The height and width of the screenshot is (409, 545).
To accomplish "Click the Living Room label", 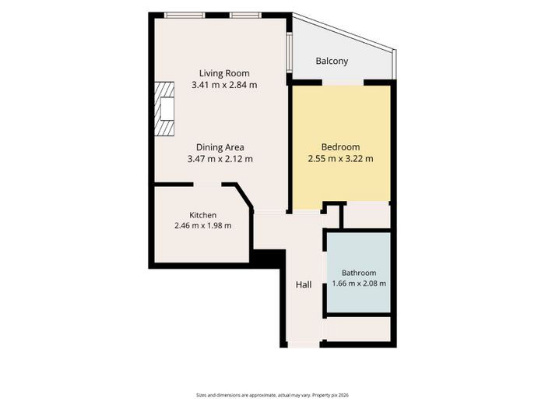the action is tap(224, 73).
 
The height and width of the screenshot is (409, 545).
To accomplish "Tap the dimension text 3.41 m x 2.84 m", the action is tap(224, 85).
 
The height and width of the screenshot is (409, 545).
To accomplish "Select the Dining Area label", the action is tap(220, 147).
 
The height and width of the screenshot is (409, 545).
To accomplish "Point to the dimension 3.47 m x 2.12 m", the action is tap(220, 159).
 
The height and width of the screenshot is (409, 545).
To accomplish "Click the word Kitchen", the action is tap(202, 215).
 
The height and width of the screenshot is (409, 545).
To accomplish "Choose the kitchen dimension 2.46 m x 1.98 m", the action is tap(202, 225).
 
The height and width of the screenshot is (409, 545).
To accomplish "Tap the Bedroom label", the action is tap(340, 147).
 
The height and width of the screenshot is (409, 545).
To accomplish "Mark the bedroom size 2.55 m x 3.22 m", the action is tap(340, 159).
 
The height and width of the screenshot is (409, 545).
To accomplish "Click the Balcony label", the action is tap(332, 62).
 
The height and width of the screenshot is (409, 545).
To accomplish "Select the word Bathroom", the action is tap(359, 273).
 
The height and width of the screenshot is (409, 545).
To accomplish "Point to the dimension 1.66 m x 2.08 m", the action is tap(359, 284).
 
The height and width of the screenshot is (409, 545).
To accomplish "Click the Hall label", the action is tap(304, 285).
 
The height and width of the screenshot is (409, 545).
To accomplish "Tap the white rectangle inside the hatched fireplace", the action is tap(167, 109).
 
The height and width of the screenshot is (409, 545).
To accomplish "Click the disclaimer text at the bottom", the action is tap(272, 395).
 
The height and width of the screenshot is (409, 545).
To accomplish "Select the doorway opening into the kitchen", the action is tap(208, 185).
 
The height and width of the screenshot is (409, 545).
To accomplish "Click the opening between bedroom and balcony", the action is tap(343, 83).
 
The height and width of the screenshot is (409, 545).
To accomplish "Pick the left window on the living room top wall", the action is tap(185, 15).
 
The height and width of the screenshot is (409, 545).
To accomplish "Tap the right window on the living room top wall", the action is tap(245, 15).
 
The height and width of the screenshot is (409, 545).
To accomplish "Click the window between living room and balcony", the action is tap(289, 52).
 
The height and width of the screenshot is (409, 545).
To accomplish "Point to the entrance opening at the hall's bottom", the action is tap(304, 344).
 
